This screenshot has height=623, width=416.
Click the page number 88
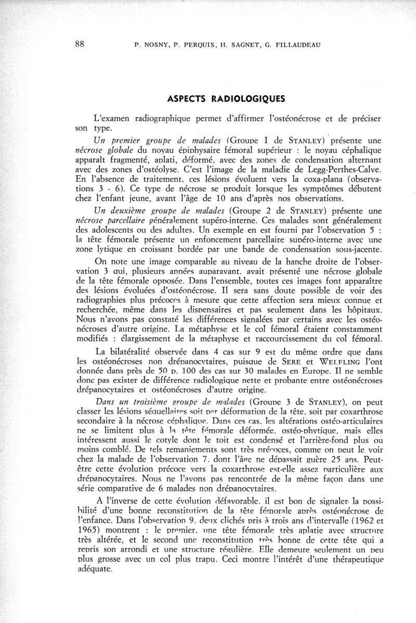[x=80, y=44]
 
